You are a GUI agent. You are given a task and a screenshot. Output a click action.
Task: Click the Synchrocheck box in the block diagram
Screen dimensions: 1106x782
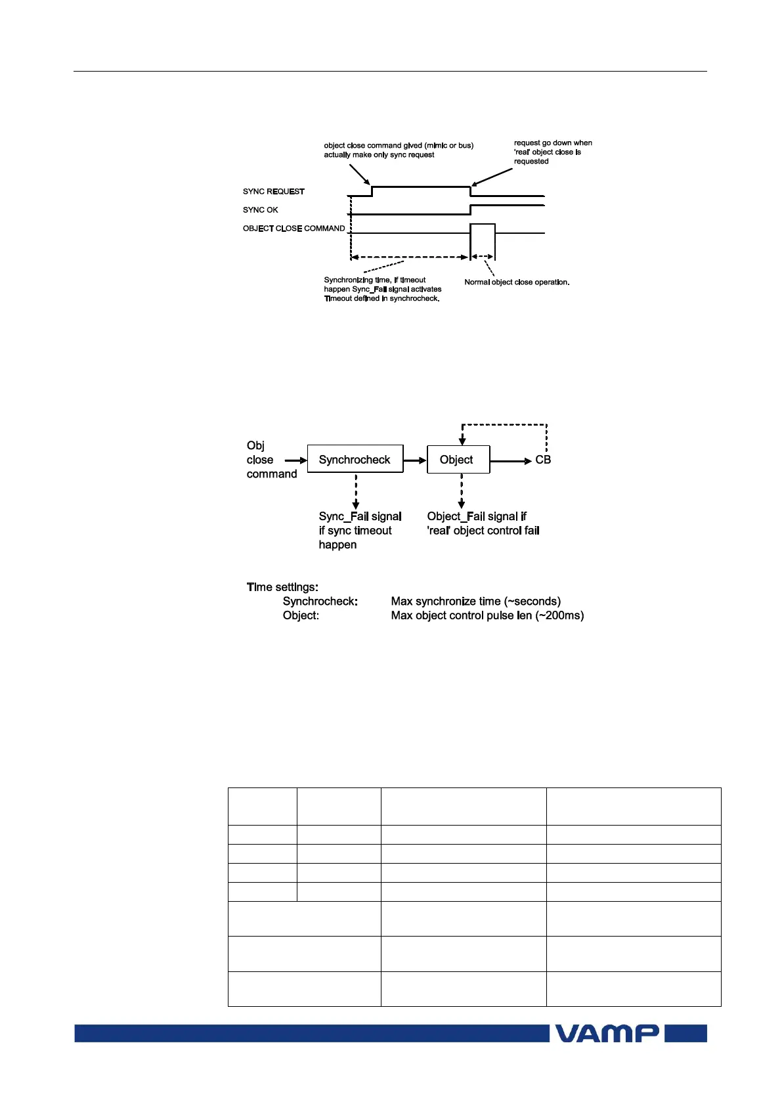tap(355, 460)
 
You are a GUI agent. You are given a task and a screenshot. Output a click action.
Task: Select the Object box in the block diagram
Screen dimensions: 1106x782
tap(458, 460)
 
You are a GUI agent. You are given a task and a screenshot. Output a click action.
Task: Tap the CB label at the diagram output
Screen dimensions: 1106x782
tap(543, 460)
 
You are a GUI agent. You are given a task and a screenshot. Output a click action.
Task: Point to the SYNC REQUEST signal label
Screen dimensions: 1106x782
tap(273, 192)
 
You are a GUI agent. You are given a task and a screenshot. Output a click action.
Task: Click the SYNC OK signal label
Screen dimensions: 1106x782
tap(260, 210)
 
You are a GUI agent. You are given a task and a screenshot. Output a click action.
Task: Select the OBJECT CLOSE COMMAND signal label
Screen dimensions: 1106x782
tap(293, 229)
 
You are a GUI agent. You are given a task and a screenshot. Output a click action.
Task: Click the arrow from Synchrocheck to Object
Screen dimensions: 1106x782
tap(415, 460)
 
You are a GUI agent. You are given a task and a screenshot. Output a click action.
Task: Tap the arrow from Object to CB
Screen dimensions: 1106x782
tap(511, 461)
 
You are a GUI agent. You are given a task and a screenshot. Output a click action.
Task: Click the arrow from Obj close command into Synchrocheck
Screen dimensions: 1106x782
tap(295, 460)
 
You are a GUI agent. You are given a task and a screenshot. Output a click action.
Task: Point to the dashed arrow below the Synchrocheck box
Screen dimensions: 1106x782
tap(355, 489)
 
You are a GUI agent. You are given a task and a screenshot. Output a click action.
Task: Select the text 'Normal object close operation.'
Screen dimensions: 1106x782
tap(517, 282)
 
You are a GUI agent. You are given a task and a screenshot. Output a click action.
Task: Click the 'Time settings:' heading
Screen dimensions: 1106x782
tap(282, 587)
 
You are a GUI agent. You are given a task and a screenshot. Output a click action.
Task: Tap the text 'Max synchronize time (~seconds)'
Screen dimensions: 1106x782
tap(475, 602)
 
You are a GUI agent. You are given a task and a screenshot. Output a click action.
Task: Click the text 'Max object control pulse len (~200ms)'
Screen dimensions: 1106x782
tap(487, 616)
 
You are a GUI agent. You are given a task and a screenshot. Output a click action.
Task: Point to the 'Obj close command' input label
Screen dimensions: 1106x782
tap(271, 460)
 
